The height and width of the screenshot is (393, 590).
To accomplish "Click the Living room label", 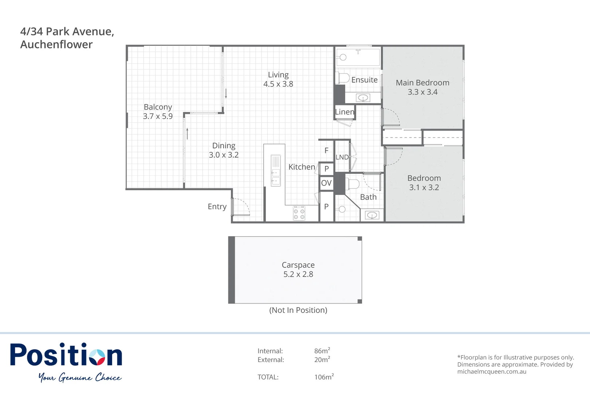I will tap(278, 75).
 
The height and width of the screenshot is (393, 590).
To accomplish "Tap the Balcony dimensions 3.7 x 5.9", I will tap(158, 116).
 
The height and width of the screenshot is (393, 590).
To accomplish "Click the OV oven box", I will tap(326, 183).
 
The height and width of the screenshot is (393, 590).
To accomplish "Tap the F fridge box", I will tap(326, 151).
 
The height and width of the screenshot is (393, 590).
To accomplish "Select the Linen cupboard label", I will tap(344, 112).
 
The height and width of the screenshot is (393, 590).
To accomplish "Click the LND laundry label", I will tap(342, 157).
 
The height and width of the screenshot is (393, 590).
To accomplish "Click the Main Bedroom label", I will tap(422, 83).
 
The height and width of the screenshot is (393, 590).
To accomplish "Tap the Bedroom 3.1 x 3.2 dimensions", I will tap(424, 188).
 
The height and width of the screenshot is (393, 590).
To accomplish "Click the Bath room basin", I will tap(372, 216).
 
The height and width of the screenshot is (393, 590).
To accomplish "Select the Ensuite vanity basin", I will tap(363, 98).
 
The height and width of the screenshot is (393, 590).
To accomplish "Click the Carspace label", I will tap(298, 265).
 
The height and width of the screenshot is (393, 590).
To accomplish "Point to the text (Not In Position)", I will tap(298, 310).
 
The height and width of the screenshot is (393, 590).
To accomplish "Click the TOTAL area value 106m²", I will tap(324, 377).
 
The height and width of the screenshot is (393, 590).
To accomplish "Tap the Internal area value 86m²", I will tap(322, 351).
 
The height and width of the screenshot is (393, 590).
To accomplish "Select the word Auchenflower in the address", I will tap(56, 44).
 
